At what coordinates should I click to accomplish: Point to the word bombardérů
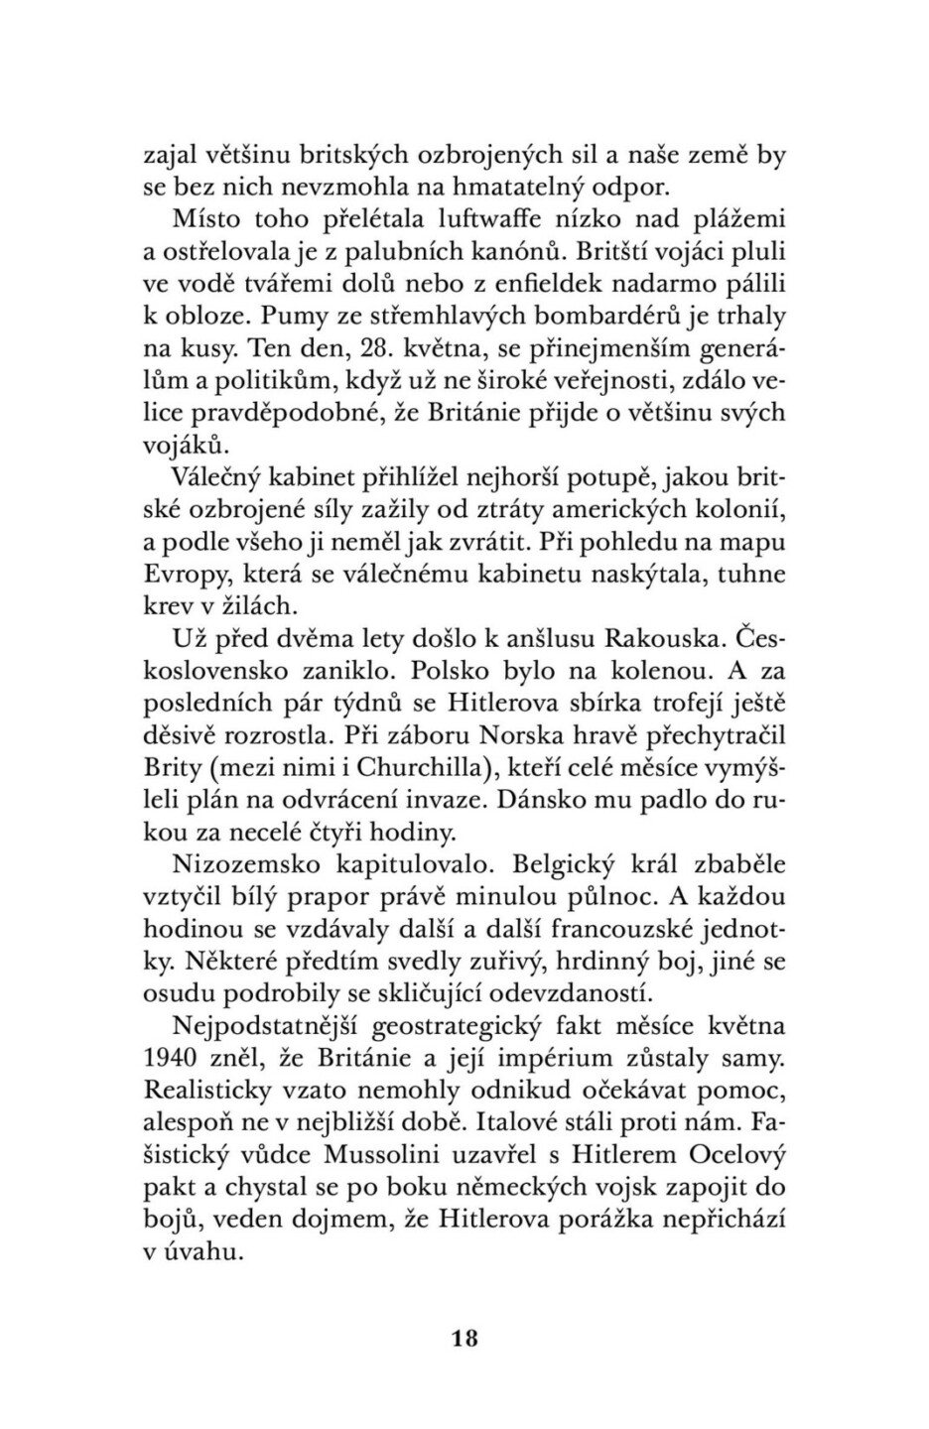610,317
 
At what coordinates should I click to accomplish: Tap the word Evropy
184,575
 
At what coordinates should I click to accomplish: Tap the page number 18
464,1339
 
